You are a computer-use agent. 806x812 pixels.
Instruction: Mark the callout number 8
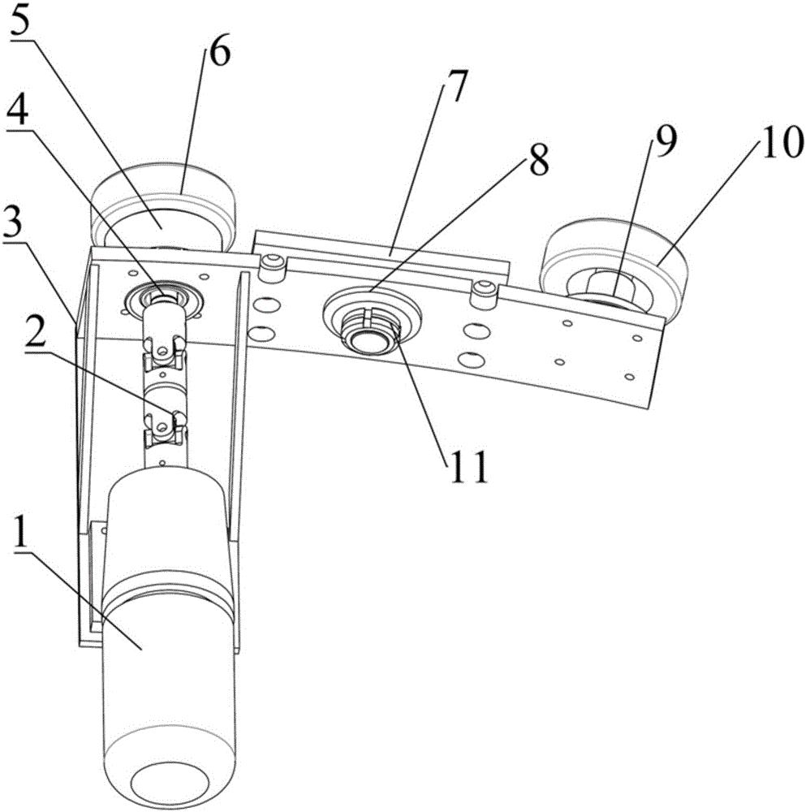click(537, 159)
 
